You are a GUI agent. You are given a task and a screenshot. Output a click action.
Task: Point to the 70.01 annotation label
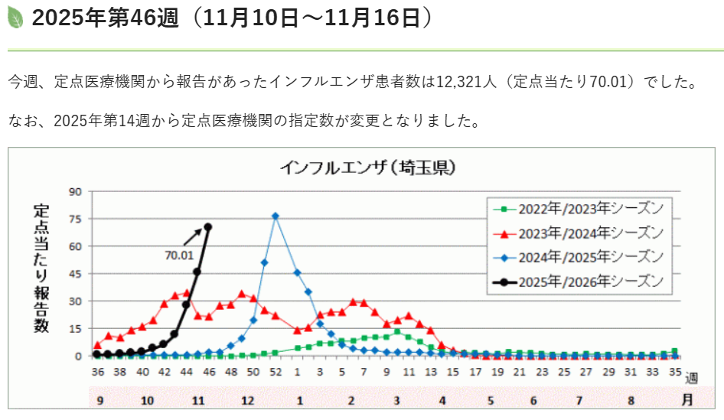pos(179,255)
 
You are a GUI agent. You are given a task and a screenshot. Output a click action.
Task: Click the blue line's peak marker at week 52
pos(276,216)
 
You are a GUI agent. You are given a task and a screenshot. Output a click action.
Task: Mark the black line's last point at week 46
pos(208,226)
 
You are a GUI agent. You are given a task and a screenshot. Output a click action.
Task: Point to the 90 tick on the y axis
pos(76,192)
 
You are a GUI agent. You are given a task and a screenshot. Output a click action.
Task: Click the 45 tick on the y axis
pos(76,274)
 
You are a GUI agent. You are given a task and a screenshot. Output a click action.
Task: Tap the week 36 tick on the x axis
pos(97,373)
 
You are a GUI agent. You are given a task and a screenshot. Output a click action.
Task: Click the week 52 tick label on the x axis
pos(276,373)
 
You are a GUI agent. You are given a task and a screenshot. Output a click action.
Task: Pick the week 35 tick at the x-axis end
pos(675,373)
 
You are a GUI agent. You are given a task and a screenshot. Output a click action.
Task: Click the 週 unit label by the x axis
pos(692,377)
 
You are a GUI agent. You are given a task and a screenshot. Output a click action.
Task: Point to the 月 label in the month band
pos(688,399)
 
